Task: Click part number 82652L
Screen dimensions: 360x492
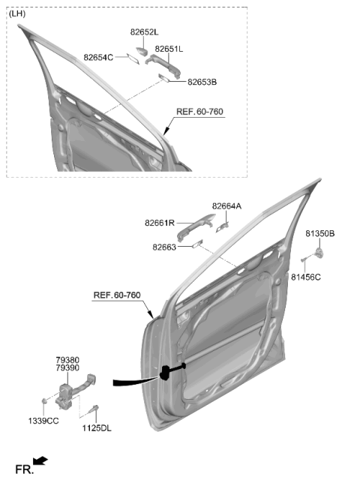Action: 145,32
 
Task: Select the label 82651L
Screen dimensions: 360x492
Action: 169,49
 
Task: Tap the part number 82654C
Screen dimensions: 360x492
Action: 98,58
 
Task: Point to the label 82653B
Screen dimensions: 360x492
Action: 202,82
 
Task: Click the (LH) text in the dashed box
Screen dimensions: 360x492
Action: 17,13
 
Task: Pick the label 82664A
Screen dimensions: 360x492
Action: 226,206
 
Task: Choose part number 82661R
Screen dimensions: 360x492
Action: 160,223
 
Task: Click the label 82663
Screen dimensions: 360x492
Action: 164,247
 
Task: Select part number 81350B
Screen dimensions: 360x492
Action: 320,233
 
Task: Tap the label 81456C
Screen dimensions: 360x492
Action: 306,277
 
